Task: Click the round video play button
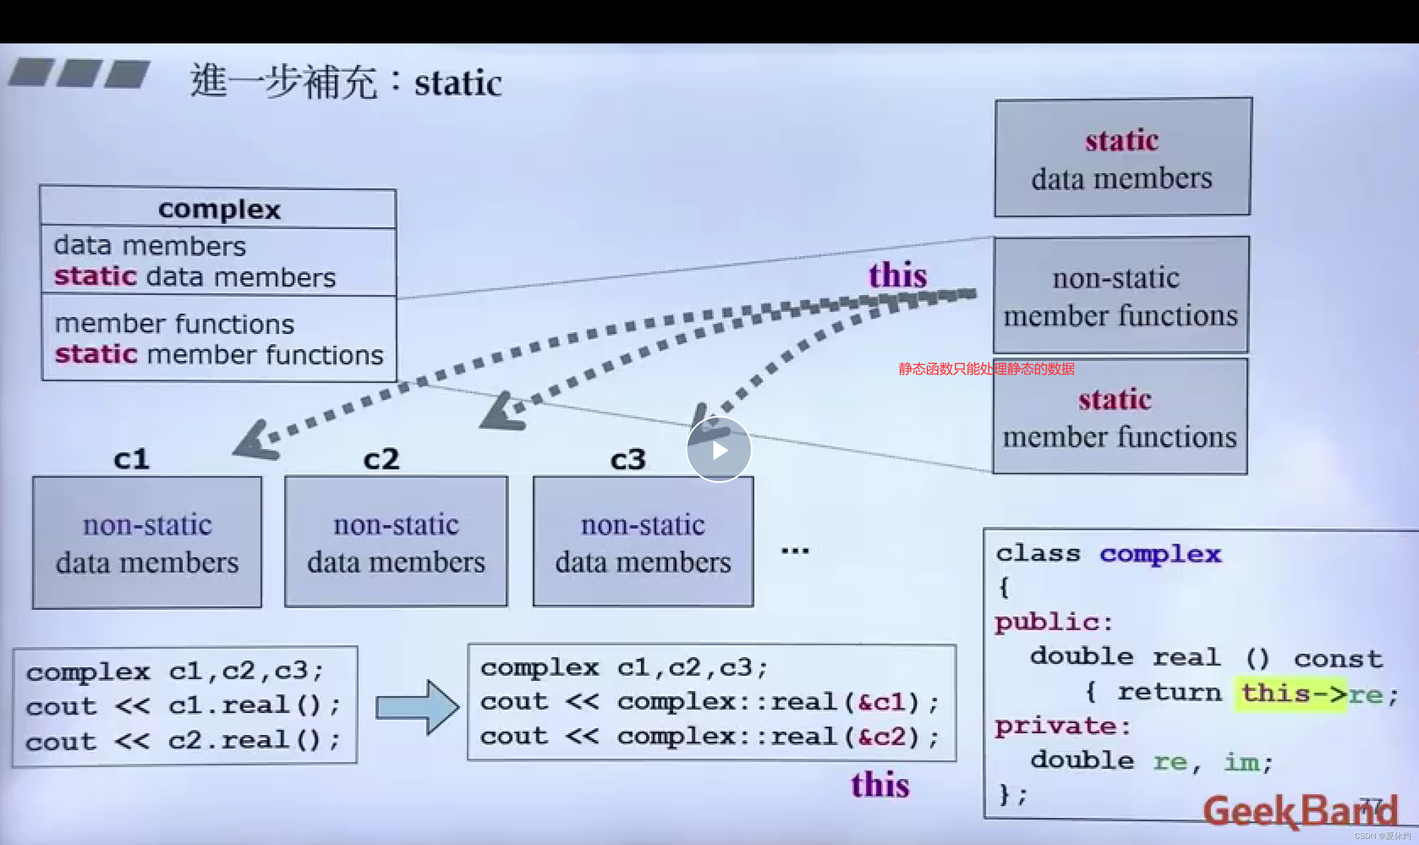pyautogui.click(x=719, y=450)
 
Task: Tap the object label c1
pyautogui.click(x=131, y=459)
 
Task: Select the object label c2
pyautogui.click(x=381, y=459)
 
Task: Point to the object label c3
pyautogui.click(x=627, y=459)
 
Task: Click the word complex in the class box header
pyautogui.click(x=219, y=209)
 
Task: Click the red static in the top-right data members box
pyautogui.click(x=1121, y=140)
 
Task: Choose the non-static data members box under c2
pyautogui.click(x=396, y=542)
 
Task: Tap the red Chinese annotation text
pyautogui.click(x=986, y=369)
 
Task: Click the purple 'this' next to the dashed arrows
pyautogui.click(x=898, y=276)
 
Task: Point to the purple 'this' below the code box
pyautogui.click(x=880, y=785)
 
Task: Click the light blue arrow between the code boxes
pyautogui.click(x=417, y=707)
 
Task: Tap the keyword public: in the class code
pyautogui.click(x=1053, y=622)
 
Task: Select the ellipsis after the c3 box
pyautogui.click(x=795, y=551)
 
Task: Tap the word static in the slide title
pyautogui.click(x=458, y=83)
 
